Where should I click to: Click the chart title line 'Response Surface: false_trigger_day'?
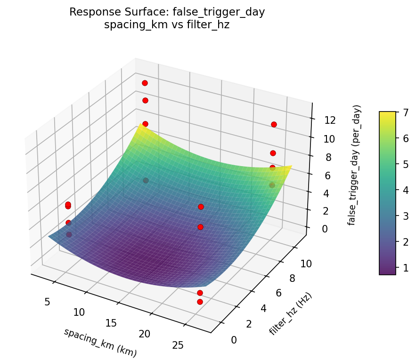[167, 12]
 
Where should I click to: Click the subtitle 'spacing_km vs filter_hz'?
[167, 25]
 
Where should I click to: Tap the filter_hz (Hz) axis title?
[291, 314]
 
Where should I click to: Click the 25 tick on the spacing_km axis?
[178, 346]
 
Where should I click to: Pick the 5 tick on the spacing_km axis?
[47, 302]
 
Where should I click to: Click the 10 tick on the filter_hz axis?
[306, 264]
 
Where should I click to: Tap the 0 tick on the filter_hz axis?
[234, 340]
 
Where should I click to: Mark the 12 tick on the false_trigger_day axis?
[330, 120]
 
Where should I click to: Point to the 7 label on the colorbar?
[404, 112]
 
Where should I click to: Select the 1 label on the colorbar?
[404, 267]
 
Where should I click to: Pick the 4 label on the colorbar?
[404, 190]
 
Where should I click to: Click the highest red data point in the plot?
[145, 83]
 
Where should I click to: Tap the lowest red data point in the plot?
[200, 302]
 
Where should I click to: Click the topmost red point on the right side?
[274, 124]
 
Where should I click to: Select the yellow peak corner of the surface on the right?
[291, 166]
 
